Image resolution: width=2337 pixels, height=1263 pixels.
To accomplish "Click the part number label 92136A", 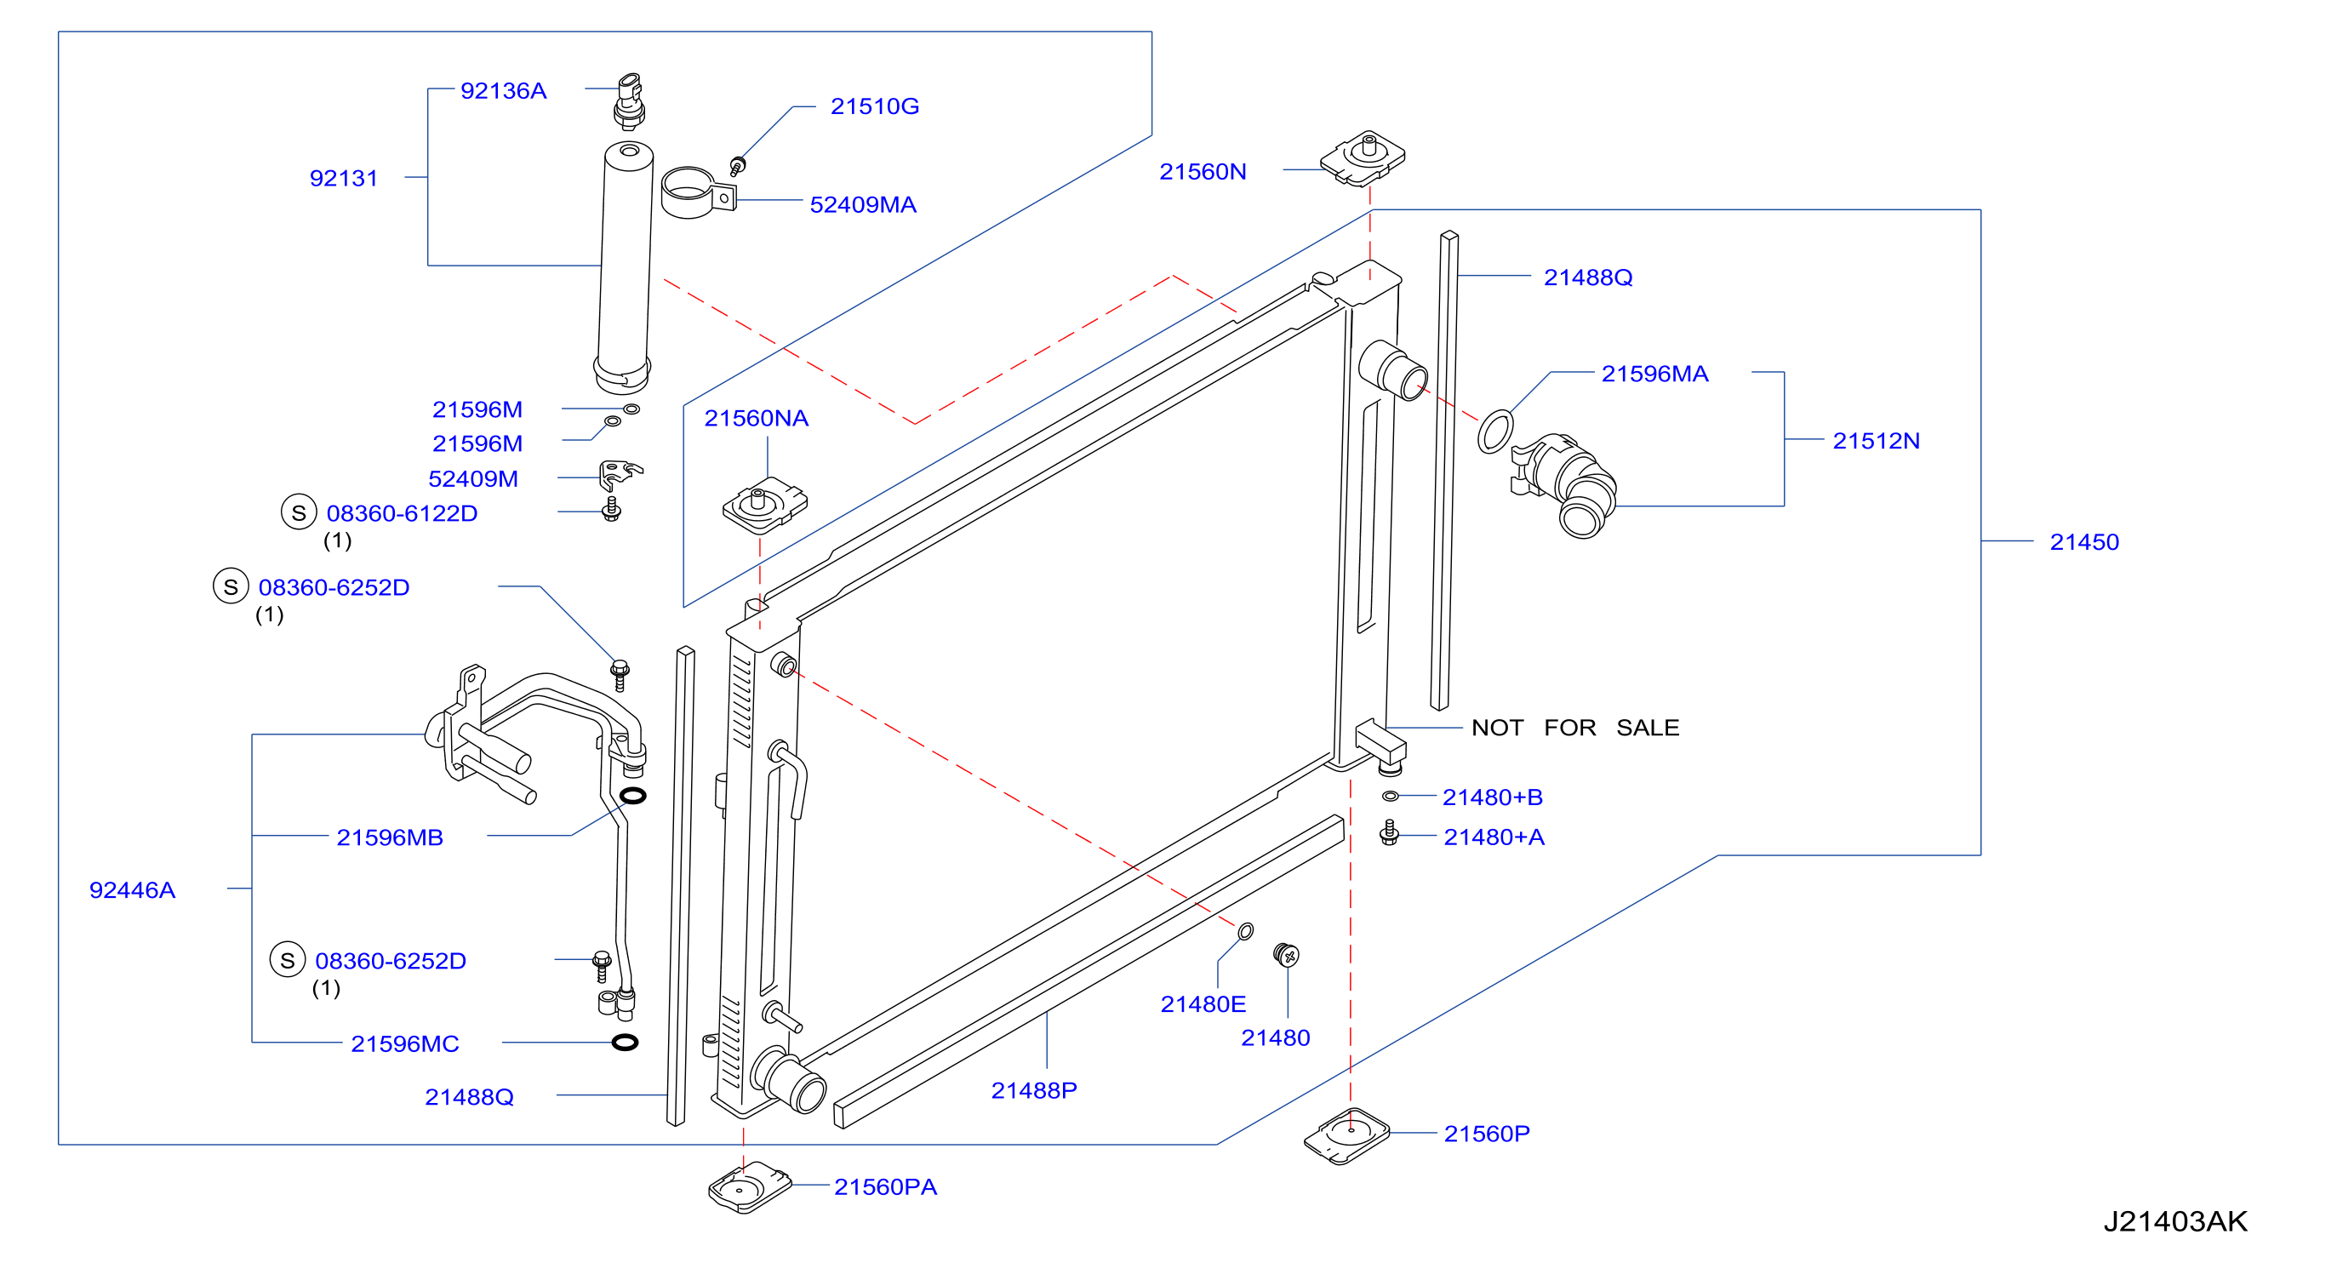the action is pyautogui.click(x=504, y=91).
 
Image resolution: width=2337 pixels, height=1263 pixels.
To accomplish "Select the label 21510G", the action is pyautogui.click(x=875, y=106).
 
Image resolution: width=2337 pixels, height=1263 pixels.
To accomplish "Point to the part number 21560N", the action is pyautogui.click(x=1203, y=171).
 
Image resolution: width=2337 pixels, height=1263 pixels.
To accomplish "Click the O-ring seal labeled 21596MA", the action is pyautogui.click(x=1495, y=431).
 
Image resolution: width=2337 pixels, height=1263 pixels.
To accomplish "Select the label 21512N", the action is pyautogui.click(x=1876, y=441).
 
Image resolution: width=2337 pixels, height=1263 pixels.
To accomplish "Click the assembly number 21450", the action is pyautogui.click(x=2084, y=541).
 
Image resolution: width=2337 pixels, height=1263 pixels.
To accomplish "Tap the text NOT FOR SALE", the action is pyautogui.click(x=1575, y=728).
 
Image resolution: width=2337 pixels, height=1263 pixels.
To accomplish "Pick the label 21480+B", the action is pyautogui.click(x=1493, y=797).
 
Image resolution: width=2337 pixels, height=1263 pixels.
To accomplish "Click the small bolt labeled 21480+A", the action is pyautogui.click(x=1389, y=833).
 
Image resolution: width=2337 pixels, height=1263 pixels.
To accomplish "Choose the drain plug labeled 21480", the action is pyautogui.click(x=1287, y=956).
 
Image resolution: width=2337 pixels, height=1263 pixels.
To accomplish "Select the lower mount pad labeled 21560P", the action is pyautogui.click(x=1347, y=1136).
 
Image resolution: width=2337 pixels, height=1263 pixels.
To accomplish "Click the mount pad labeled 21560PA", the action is pyautogui.click(x=751, y=1186).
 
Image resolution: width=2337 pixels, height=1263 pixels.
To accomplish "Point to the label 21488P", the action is pyautogui.click(x=1034, y=1090).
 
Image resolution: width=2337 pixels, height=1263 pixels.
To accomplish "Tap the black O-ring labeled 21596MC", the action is pyautogui.click(x=625, y=1043).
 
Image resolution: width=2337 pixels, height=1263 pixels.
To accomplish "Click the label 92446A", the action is pyautogui.click(x=133, y=890).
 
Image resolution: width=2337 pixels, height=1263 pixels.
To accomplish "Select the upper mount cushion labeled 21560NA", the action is pyautogui.click(x=765, y=506).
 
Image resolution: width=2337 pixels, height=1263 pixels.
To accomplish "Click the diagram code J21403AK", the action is pyautogui.click(x=2175, y=1221).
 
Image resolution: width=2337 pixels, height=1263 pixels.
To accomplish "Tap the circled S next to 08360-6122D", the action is pyautogui.click(x=299, y=512).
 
